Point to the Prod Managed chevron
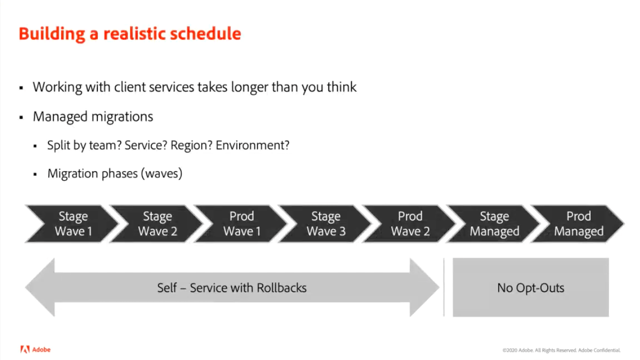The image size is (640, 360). [578, 224]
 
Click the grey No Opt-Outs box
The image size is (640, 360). [531, 287]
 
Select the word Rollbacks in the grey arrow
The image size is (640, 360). [281, 288]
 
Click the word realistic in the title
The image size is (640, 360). [134, 34]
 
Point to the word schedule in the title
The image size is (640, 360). [206, 34]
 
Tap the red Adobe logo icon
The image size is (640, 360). [25, 350]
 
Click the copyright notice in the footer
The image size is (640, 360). [561, 350]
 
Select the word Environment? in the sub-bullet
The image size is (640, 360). [252, 145]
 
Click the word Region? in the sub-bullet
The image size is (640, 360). [191, 145]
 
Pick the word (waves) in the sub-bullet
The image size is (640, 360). [162, 174]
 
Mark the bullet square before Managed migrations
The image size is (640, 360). [21, 117]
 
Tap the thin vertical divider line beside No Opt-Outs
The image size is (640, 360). [444, 287]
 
